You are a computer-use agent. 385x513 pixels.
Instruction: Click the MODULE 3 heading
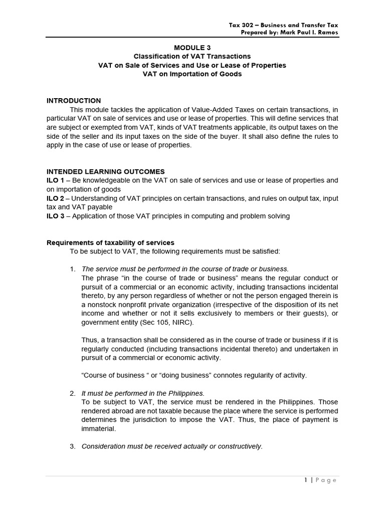(x=192, y=48)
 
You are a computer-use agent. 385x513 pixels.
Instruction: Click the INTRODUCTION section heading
(x=74, y=101)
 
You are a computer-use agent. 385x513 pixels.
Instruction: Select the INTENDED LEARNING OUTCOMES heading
(x=105, y=172)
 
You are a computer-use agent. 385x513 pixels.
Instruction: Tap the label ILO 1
(x=55, y=180)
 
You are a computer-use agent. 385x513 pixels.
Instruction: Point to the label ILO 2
(x=55, y=198)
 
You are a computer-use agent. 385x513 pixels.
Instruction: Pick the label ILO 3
(x=55, y=216)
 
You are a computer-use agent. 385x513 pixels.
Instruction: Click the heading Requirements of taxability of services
(x=110, y=243)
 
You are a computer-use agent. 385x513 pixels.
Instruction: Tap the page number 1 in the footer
(x=305, y=480)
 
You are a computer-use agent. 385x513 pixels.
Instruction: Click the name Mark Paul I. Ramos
(x=309, y=33)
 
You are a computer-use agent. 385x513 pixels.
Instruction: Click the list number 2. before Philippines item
(x=73, y=393)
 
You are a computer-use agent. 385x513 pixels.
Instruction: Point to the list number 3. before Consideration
(x=73, y=446)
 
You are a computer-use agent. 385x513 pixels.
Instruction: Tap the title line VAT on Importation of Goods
(x=192, y=74)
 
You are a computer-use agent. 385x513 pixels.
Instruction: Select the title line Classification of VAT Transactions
(x=192, y=56)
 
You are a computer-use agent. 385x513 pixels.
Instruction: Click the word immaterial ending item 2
(x=98, y=429)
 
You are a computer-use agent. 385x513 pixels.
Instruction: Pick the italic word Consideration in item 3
(x=103, y=446)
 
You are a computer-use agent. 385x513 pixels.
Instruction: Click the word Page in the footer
(x=326, y=480)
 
